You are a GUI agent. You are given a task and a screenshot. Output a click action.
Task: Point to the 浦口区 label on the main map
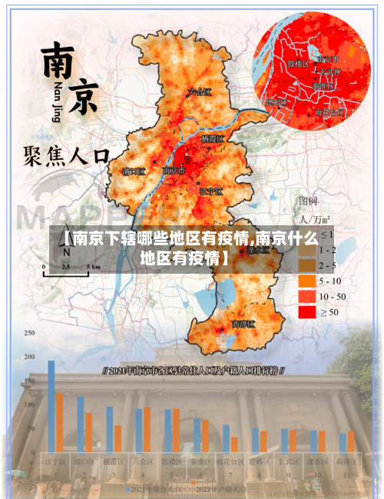[x=134, y=171]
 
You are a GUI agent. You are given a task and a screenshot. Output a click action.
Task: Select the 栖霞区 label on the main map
[x=211, y=139]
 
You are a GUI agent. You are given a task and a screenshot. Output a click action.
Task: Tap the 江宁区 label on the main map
[x=210, y=190]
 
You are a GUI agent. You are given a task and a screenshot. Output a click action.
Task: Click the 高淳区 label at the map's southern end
[x=243, y=324]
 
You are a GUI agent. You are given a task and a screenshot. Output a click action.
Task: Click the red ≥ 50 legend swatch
[x=307, y=311]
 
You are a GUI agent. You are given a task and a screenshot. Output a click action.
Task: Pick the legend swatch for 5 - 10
[x=307, y=281]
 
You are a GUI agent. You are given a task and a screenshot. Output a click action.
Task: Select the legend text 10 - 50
[x=332, y=296]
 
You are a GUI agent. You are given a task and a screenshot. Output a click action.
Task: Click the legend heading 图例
[x=307, y=201]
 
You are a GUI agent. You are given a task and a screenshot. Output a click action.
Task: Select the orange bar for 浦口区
[x=88, y=432]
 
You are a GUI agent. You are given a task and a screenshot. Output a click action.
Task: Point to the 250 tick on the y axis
[x=29, y=334]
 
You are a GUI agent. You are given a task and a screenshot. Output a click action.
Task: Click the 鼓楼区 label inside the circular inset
[x=297, y=64]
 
